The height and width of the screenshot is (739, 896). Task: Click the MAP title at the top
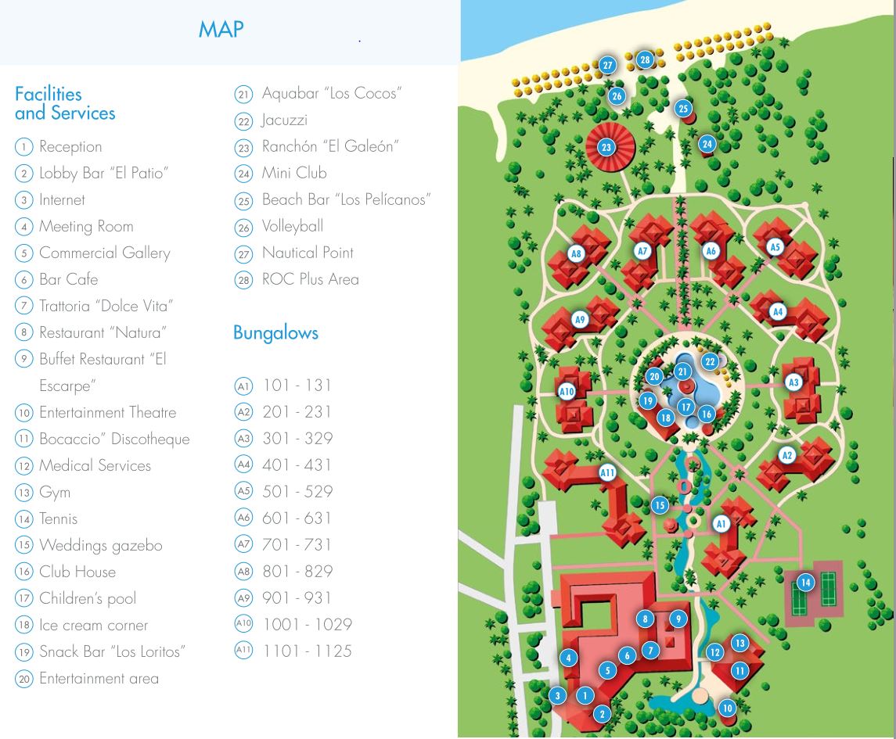point(221,30)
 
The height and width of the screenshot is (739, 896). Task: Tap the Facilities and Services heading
point(65,103)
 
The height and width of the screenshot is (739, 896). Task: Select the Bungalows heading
point(275,332)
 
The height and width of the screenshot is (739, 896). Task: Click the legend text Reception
point(70,146)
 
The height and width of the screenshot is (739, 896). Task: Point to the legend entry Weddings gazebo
point(100,545)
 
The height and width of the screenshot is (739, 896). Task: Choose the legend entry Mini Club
point(294,173)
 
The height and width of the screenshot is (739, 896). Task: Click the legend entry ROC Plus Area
point(310,279)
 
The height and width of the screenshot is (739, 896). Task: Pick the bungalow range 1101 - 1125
point(307,651)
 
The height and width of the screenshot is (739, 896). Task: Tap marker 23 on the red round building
point(606,147)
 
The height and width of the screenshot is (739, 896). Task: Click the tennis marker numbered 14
point(804,582)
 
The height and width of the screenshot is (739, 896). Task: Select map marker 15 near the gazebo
point(660,505)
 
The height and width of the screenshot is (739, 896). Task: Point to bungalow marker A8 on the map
point(577,253)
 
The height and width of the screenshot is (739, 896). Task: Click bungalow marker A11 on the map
point(607,472)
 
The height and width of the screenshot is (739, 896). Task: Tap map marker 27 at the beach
point(608,66)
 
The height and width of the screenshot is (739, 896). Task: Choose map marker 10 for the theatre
point(727,709)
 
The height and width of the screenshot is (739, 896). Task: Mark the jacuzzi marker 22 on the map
point(710,361)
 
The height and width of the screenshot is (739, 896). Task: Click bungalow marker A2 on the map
point(787,456)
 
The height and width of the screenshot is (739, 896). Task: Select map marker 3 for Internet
point(557,695)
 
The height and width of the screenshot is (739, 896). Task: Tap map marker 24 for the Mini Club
point(707,144)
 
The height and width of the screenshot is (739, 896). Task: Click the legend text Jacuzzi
point(284,120)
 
